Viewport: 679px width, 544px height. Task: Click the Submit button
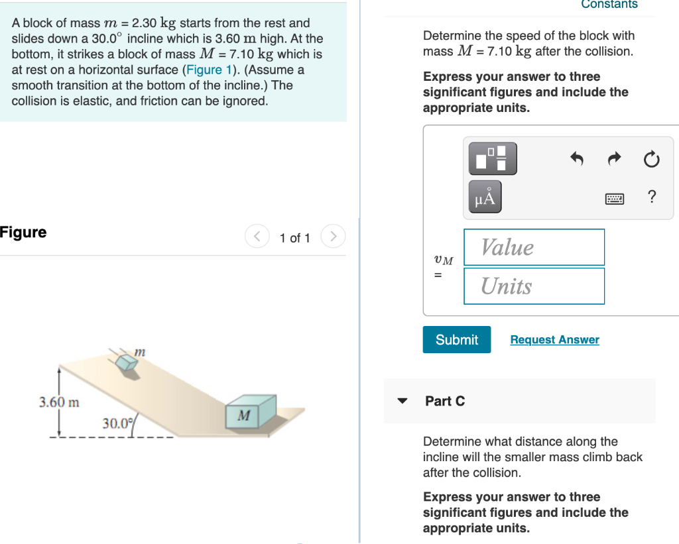tap(457, 339)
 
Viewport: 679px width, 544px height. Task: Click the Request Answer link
tap(554, 339)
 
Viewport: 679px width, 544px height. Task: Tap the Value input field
tap(534, 247)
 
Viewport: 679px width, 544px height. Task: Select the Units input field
tap(534, 286)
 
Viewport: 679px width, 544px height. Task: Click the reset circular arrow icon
tap(651, 159)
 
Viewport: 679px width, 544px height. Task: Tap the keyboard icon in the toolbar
tap(615, 197)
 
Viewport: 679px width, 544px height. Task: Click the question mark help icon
tap(652, 197)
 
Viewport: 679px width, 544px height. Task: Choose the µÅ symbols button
tap(485, 197)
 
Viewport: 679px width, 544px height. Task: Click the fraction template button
tap(493, 159)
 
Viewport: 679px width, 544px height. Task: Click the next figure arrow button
tap(334, 237)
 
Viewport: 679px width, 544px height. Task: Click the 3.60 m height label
tap(59, 402)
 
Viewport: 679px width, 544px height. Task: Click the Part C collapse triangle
tap(402, 401)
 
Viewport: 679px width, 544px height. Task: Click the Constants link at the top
tap(609, 5)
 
